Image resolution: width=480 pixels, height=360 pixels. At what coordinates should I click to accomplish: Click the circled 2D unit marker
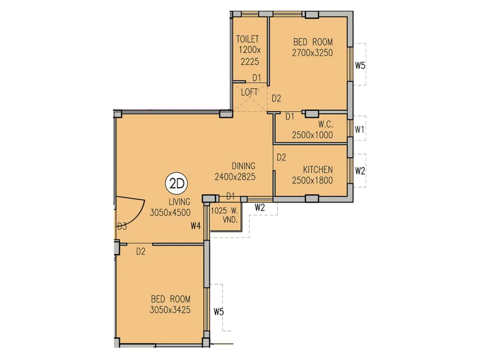176,183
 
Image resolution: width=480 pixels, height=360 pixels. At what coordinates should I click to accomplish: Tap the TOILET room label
247,39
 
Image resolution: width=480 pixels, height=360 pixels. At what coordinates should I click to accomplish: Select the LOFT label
249,92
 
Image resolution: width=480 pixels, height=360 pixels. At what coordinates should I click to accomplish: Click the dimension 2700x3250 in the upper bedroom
312,53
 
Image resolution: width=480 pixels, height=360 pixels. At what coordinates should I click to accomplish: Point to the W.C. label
325,124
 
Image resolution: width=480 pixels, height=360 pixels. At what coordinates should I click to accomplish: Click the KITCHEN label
318,170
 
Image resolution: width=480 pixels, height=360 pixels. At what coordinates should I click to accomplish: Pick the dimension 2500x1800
312,180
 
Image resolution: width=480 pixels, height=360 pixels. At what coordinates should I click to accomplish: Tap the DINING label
243,166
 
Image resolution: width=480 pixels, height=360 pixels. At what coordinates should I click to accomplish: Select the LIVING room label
179,202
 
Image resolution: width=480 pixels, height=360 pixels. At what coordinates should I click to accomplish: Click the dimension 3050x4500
170,212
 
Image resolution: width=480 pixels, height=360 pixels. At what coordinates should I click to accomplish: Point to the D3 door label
122,226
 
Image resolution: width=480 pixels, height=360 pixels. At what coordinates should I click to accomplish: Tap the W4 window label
196,226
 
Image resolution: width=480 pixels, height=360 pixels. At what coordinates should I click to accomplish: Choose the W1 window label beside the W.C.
359,130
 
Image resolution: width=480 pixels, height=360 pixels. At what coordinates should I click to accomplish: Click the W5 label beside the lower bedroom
219,312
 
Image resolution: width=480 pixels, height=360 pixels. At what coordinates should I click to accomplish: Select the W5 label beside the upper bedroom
360,65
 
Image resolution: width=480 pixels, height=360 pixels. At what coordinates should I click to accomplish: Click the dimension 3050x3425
170,310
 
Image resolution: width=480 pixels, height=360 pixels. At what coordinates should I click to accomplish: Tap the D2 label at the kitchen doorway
281,157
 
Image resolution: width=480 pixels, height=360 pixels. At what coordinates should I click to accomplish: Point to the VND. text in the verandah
230,220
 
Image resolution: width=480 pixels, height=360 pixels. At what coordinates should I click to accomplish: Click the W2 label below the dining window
260,207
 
